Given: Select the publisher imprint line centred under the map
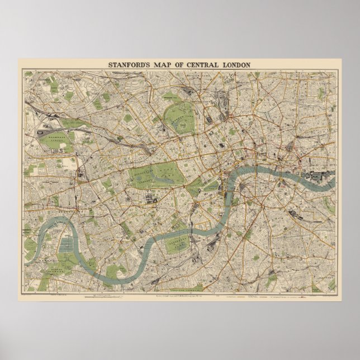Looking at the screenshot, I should coord(179,295).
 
